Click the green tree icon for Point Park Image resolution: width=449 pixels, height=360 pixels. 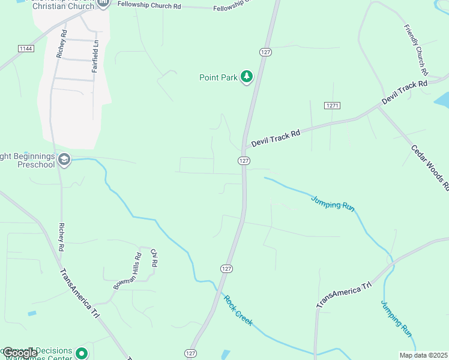point(246,77)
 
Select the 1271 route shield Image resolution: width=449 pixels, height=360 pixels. point(333,105)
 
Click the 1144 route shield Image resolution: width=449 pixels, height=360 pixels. point(25,48)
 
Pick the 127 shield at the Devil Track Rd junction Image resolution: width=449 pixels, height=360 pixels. point(243,161)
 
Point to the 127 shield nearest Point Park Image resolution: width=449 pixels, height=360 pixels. point(265,52)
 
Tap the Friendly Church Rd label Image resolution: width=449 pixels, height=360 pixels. point(415,49)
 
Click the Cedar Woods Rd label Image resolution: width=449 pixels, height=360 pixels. point(430,167)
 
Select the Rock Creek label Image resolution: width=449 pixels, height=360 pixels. point(238,310)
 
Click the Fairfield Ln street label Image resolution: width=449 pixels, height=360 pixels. point(95,56)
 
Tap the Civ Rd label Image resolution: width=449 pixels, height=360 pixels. point(154,258)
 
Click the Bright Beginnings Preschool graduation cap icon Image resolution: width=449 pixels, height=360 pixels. point(64,160)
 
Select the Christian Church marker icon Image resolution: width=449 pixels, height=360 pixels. point(103,3)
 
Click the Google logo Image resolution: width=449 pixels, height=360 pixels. point(20,353)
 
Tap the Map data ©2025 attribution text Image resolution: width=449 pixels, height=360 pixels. point(423,355)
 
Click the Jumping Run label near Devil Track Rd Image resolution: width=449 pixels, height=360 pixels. point(333,202)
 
